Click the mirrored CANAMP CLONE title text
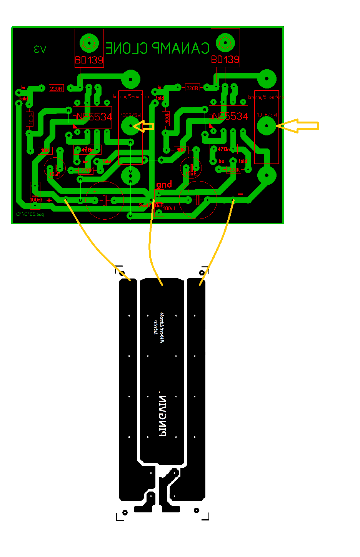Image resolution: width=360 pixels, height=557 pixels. pyautogui.click(x=157, y=48)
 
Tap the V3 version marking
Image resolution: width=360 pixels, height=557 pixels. pyautogui.click(x=40, y=49)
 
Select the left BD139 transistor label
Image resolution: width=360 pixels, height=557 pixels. pyautogui.click(x=89, y=60)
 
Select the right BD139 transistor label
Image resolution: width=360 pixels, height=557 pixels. pyautogui.click(x=225, y=60)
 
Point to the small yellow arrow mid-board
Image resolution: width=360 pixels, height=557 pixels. pyautogui.click(x=145, y=126)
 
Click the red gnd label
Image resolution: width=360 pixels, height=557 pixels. pyautogui.click(x=164, y=185)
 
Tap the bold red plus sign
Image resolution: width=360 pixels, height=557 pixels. pyautogui.click(x=49, y=200)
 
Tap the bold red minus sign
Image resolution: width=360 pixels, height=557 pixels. pyautogui.click(x=240, y=194)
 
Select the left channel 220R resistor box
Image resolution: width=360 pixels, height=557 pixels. pyautogui.click(x=56, y=88)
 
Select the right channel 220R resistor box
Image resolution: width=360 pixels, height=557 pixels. pyautogui.click(x=192, y=88)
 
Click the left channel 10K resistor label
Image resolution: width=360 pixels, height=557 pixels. pyautogui.click(x=45, y=150)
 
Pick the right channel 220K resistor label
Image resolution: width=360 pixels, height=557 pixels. pyautogui.click(x=233, y=169)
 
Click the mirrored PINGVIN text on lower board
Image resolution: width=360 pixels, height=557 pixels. pyautogui.click(x=163, y=416)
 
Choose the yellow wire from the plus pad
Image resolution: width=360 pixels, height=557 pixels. pyautogui.click(x=96, y=242)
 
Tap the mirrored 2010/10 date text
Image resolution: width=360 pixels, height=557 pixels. pyautogui.click(x=30, y=214)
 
